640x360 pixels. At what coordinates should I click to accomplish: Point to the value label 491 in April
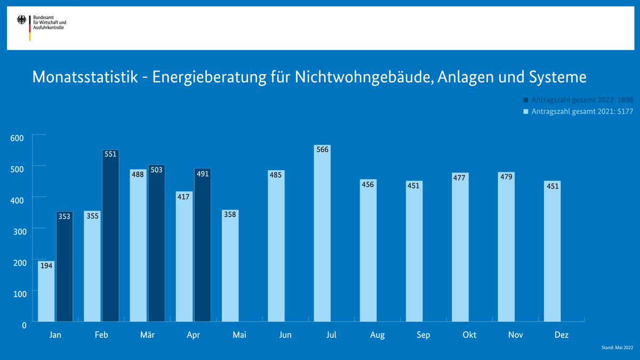203,174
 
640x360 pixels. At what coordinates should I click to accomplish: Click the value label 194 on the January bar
46,265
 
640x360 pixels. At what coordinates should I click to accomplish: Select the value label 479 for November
506,177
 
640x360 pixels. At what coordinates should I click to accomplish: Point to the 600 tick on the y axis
18,138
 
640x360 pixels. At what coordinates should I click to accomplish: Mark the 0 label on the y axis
24,325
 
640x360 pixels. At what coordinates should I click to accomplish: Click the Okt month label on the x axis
469,335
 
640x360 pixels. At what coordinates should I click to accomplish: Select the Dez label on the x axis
561,335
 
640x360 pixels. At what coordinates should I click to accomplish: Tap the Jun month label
285,335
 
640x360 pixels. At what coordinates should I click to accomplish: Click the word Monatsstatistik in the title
85,77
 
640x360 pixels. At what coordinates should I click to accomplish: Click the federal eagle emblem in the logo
22,21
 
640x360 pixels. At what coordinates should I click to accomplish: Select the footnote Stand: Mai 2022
617,348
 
